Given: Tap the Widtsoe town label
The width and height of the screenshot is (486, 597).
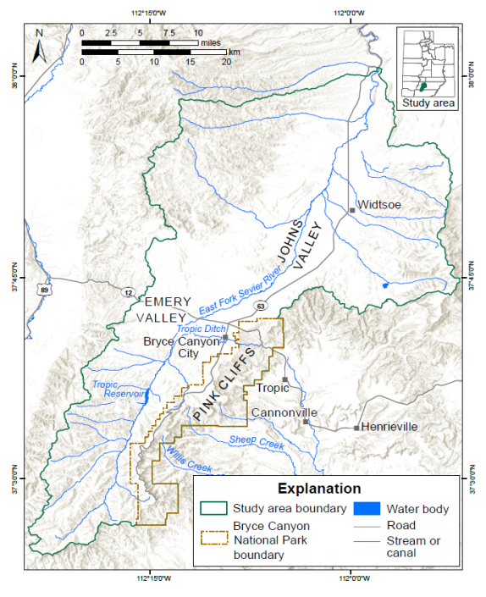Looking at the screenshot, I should click(x=378, y=205).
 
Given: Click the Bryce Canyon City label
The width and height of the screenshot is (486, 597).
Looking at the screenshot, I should click(x=175, y=347).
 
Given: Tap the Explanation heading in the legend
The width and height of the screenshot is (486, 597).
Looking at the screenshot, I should click(x=320, y=489).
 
